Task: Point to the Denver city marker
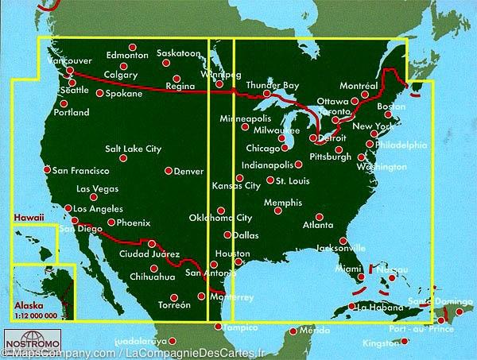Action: (x=169, y=170)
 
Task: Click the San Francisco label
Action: (x=80, y=170)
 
